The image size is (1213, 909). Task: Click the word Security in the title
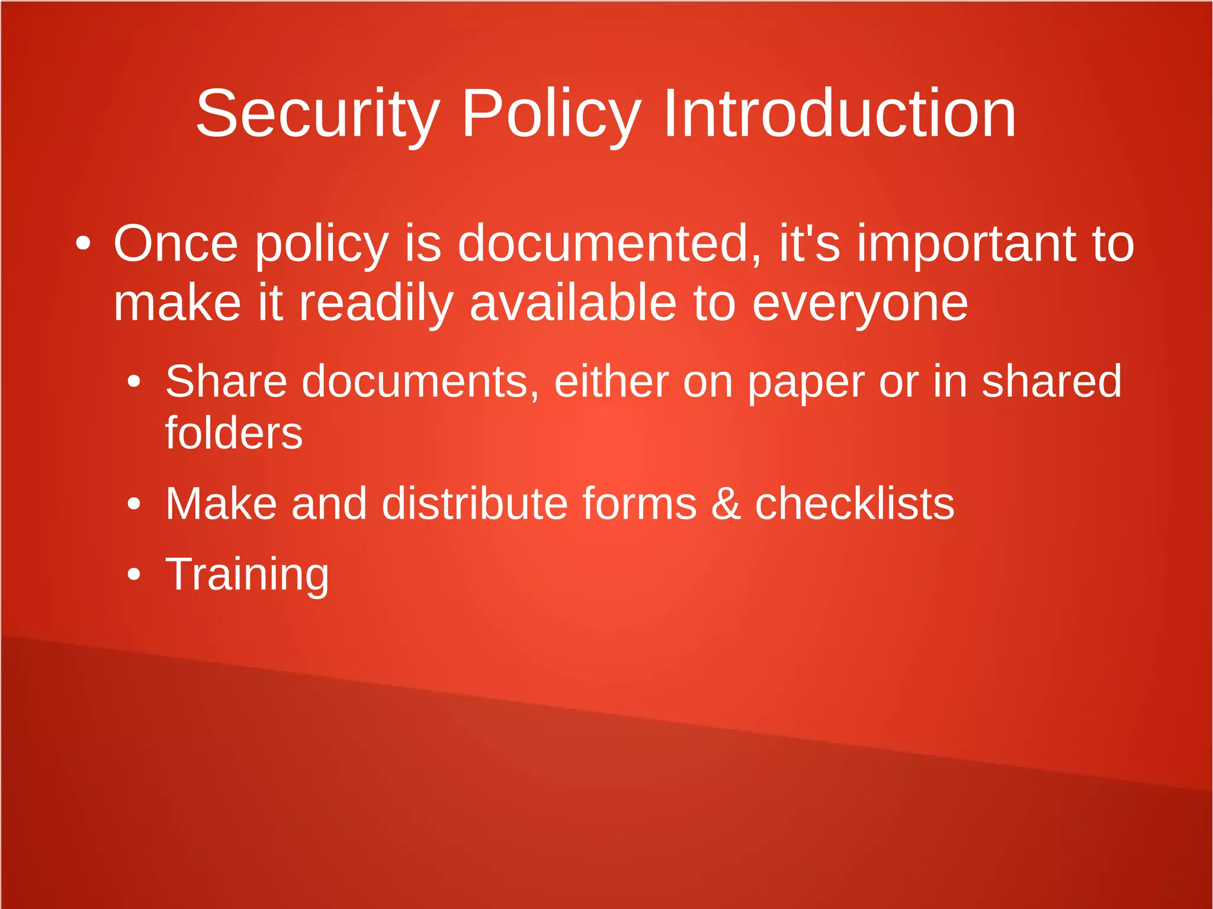point(317,114)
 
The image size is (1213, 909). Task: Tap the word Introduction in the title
point(839,114)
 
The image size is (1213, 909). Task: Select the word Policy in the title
point(551,114)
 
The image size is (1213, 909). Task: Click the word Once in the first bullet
point(175,243)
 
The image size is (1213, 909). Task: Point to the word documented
point(609,243)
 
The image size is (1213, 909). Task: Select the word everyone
point(859,304)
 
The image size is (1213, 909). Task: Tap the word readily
point(376,304)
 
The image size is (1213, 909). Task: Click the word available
point(572,303)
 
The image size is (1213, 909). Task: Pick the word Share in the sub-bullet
point(226,381)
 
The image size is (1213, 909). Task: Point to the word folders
point(233,433)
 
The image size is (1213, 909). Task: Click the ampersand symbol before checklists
point(726,503)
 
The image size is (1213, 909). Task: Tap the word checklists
point(854,503)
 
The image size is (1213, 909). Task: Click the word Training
point(246,574)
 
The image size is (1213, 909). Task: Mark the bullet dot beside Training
point(134,574)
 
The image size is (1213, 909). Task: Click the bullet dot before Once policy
point(83,243)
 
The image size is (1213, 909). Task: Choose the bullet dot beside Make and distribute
point(134,504)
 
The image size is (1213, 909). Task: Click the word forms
point(639,503)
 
